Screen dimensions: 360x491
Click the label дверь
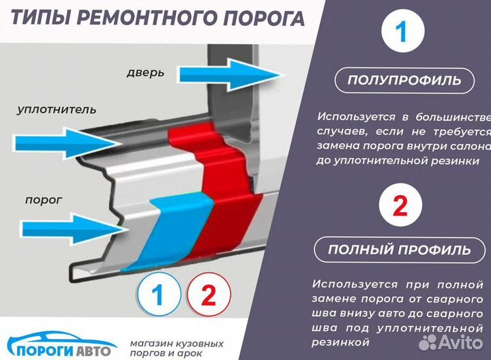145,72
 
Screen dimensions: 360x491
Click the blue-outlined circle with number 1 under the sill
158,296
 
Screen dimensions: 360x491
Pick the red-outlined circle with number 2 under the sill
209,296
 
